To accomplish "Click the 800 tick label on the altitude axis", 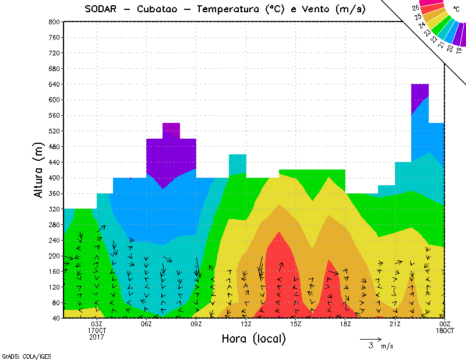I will [x=54, y=22].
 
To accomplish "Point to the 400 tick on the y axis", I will [x=54, y=178].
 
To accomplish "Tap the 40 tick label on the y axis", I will [x=56, y=318].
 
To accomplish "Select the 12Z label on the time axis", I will [x=246, y=324].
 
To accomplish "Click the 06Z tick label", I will [x=146, y=324].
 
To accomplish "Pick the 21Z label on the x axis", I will [x=395, y=324].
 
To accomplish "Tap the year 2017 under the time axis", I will [x=97, y=337].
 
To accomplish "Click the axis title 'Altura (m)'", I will [x=38, y=169].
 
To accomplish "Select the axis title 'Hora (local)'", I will [x=253, y=338].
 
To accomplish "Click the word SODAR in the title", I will [x=100, y=9].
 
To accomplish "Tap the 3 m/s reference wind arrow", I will [x=370, y=338].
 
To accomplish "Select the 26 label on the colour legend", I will [x=416, y=8].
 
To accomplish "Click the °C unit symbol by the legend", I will [x=456, y=8].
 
